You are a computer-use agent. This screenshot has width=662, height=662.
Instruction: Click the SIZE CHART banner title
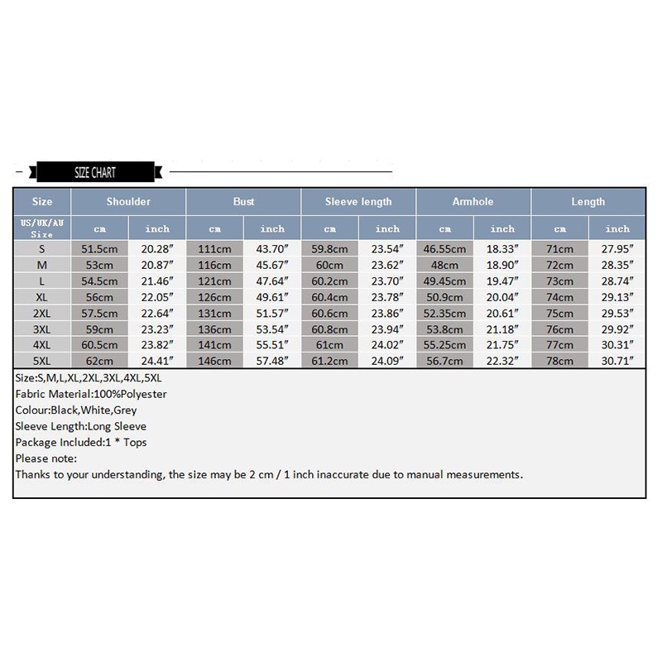[x=94, y=173]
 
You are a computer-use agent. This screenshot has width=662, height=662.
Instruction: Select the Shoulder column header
[x=128, y=202]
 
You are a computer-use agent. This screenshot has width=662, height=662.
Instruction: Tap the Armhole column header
[x=473, y=202]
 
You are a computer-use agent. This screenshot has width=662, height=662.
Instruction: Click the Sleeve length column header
[x=358, y=202]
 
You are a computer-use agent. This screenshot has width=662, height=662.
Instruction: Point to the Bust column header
[x=243, y=202]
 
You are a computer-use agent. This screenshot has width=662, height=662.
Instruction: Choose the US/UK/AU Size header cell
[x=42, y=229]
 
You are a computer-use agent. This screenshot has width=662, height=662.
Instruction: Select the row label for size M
[x=42, y=265]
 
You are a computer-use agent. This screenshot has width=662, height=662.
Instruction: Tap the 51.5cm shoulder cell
[x=99, y=249]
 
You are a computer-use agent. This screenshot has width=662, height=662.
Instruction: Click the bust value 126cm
[x=215, y=298]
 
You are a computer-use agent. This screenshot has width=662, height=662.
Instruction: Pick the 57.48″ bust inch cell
[x=272, y=362]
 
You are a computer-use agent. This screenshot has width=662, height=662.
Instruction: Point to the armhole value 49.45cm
[x=444, y=281]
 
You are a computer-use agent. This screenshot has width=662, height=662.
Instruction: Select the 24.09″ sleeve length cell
[x=387, y=362]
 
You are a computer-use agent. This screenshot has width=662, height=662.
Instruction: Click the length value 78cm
[x=559, y=362]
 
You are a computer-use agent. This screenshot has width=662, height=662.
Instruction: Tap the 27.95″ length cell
[x=617, y=249]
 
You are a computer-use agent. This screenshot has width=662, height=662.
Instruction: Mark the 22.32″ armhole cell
[x=502, y=362]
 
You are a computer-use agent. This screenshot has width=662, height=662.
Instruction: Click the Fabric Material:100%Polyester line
[x=91, y=394]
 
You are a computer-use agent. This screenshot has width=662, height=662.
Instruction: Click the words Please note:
[x=46, y=458]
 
